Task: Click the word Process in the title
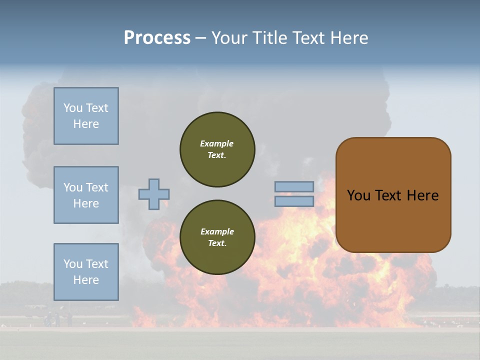tap(157, 38)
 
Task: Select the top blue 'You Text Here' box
tap(86, 116)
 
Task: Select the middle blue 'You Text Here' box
tap(86, 195)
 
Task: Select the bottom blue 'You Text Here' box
tap(86, 272)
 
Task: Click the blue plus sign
tap(154, 194)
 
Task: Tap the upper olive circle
tap(217, 149)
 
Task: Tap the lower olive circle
tap(217, 237)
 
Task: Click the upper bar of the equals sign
tap(294, 187)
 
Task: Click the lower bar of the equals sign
tap(294, 201)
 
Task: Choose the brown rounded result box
tap(393, 195)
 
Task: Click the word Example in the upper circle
tap(217, 143)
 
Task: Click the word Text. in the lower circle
tap(217, 243)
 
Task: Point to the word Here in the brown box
tap(422, 195)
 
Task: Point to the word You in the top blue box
tap(72, 108)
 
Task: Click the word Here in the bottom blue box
tap(86, 280)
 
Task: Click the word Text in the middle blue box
tap(96, 187)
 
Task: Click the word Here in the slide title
tap(349, 38)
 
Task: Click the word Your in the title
tap(230, 38)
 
